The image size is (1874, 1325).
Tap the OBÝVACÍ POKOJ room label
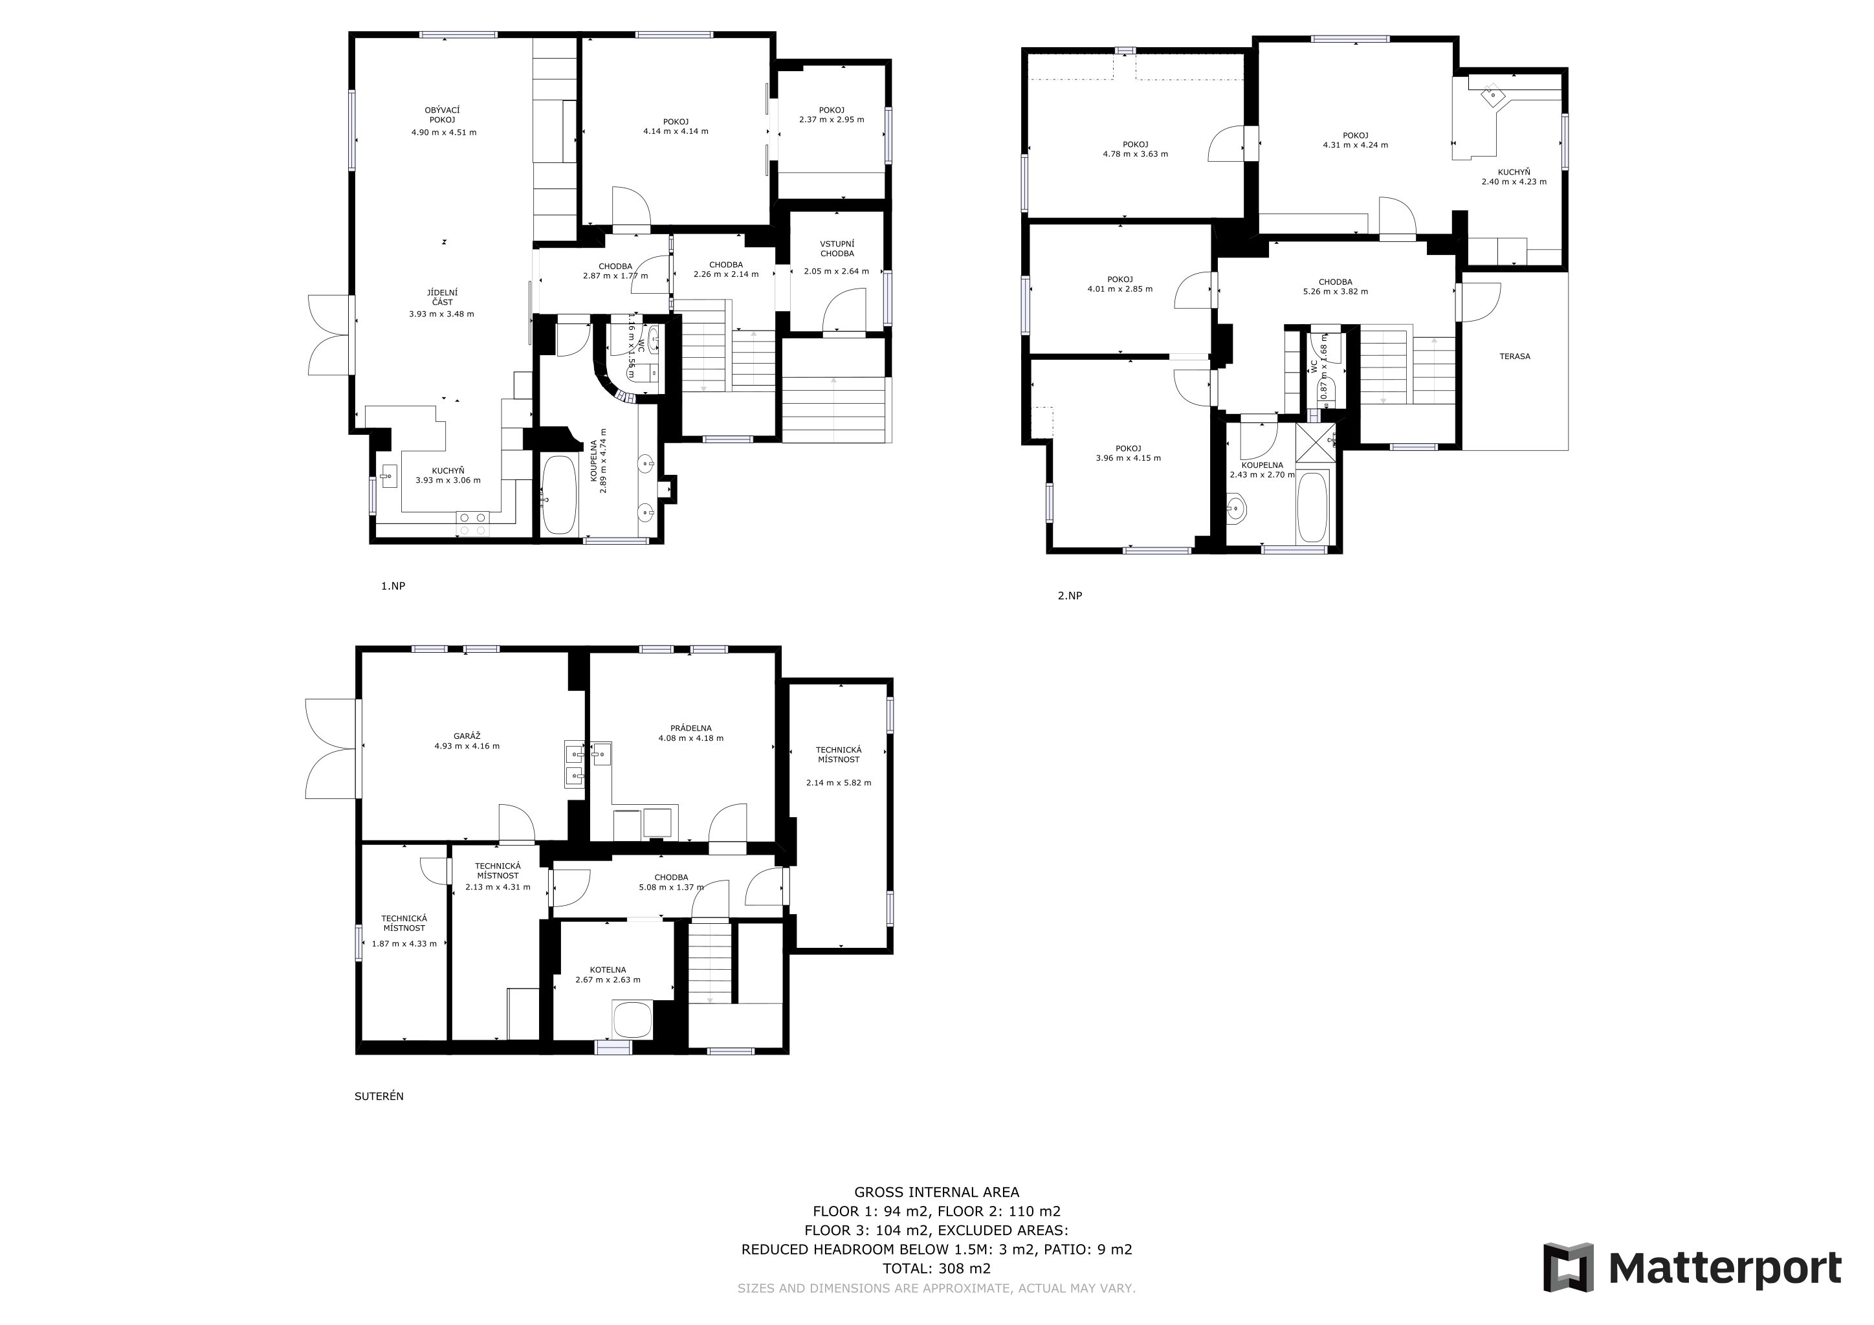(x=443, y=115)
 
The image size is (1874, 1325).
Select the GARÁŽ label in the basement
(x=467, y=736)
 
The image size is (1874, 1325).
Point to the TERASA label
(x=1515, y=356)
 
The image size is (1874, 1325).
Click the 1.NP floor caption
(x=393, y=586)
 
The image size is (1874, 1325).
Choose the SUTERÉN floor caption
(x=379, y=1097)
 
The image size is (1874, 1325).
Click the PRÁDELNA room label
(x=690, y=728)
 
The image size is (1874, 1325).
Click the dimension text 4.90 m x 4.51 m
(x=444, y=132)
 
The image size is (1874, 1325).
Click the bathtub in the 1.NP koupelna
(x=559, y=495)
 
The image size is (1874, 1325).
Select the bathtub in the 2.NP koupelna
(x=1312, y=507)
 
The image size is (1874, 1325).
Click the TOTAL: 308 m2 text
(x=936, y=1269)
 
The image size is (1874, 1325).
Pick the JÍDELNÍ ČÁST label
(x=441, y=297)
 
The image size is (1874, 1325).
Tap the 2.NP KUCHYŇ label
(x=1514, y=172)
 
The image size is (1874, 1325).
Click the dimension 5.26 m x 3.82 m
(x=1336, y=291)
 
